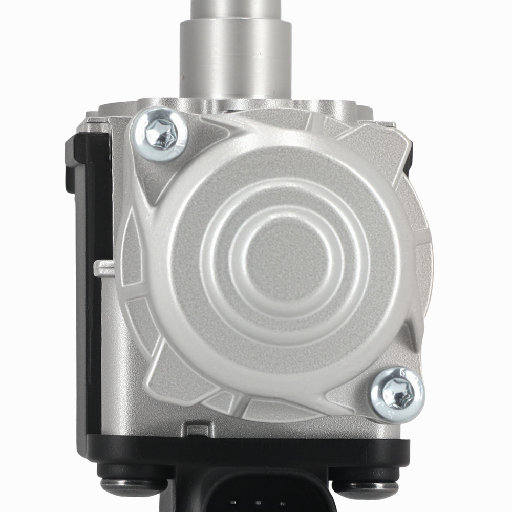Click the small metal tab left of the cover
tap(105, 267)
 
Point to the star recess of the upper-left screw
tap(160, 134)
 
